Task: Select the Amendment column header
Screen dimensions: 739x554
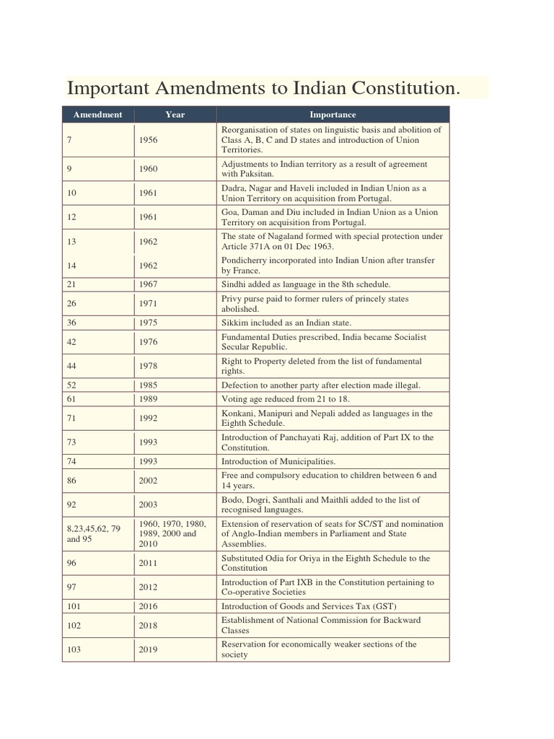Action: click(x=97, y=114)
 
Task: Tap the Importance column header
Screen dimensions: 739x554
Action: click(x=333, y=114)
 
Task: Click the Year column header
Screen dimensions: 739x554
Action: click(x=175, y=114)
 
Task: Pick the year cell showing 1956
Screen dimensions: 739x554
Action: click(x=148, y=140)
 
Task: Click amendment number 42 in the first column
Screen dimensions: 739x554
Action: click(x=71, y=342)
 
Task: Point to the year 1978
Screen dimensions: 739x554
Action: click(x=148, y=366)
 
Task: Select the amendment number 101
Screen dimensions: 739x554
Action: click(x=74, y=606)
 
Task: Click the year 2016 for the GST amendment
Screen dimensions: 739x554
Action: click(x=148, y=606)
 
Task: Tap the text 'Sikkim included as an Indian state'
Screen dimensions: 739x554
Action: click(x=286, y=323)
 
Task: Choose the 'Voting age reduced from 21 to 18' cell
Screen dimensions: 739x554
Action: click(x=285, y=399)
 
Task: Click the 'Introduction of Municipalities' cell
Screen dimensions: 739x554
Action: click(x=278, y=461)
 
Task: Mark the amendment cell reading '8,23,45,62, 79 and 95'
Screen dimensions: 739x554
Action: click(x=94, y=533)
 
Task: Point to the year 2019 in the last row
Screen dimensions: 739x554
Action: click(x=148, y=650)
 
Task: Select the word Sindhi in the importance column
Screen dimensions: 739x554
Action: click(x=234, y=284)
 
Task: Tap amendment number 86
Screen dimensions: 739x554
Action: click(x=71, y=480)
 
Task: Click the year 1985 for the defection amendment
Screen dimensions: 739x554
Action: click(x=148, y=385)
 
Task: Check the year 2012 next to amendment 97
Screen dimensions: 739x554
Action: click(x=148, y=587)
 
